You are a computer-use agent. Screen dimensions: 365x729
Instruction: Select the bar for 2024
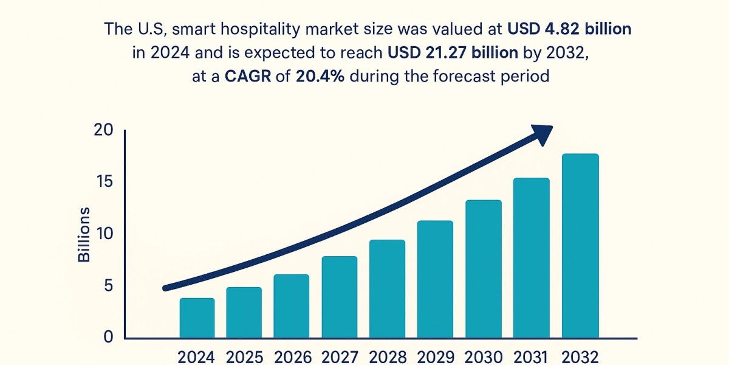[x=197, y=318]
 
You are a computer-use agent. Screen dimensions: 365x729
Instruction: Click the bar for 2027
[x=339, y=297]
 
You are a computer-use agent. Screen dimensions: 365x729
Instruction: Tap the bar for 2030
[x=484, y=269]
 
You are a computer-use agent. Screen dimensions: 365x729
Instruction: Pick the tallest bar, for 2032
[x=580, y=246]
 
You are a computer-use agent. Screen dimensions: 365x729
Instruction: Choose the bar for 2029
[x=435, y=279]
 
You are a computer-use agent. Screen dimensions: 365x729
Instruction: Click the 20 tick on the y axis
[x=104, y=130]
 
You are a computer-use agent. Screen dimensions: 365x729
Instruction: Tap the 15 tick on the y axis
[x=104, y=182]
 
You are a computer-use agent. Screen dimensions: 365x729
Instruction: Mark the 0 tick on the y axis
[x=109, y=337]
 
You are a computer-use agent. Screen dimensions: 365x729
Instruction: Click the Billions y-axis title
[x=84, y=234]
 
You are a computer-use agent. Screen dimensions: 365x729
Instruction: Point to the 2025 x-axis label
[x=244, y=357]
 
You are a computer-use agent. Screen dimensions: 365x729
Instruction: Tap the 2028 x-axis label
[x=388, y=357]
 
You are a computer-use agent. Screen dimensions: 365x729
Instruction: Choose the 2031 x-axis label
[x=531, y=357]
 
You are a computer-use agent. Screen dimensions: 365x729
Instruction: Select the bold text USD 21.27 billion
[x=453, y=52]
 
